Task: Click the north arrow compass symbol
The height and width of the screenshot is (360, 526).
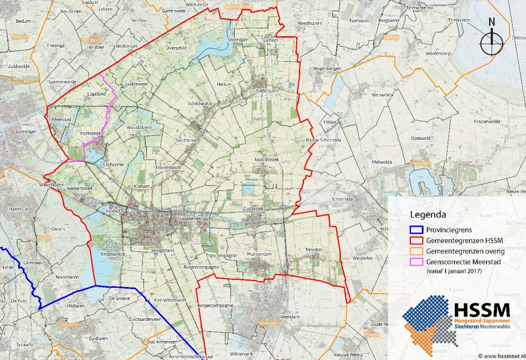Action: (492, 40)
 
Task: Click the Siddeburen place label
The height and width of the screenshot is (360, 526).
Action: (266, 91)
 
